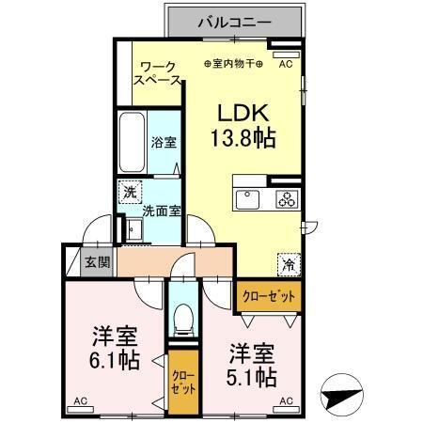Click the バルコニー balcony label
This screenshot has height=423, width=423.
point(234,20)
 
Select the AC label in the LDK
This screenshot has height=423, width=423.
point(286,64)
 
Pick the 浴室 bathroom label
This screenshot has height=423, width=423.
point(164,143)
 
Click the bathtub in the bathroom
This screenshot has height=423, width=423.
point(133,141)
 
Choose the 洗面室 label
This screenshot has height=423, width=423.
point(157,212)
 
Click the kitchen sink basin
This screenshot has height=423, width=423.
point(248,198)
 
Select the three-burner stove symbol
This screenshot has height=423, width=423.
point(285,198)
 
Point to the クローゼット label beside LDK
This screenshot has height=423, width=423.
point(269,296)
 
